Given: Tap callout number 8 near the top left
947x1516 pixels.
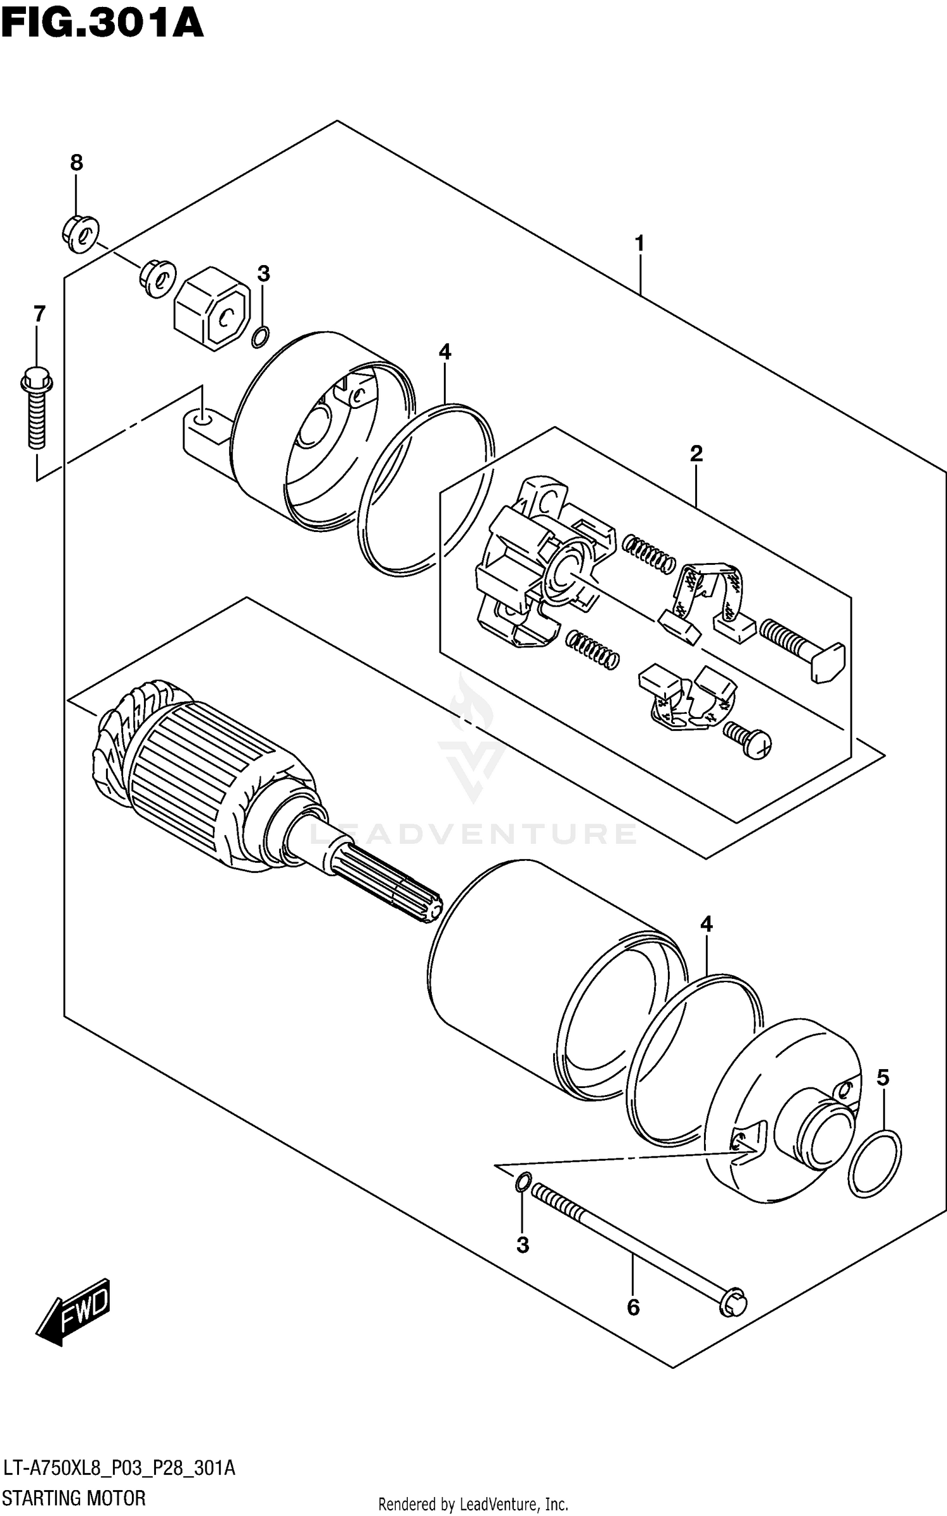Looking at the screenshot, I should tap(76, 163).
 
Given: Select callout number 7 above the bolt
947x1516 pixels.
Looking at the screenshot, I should tap(39, 313).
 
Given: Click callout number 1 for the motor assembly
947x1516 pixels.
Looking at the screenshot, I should tap(640, 242).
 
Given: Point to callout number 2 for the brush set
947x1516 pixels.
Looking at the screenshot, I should tap(696, 453).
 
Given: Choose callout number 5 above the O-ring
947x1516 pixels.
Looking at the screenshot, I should tap(883, 1077).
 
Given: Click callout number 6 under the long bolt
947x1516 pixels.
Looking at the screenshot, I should tap(633, 1306).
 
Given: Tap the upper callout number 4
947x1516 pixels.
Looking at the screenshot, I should tap(445, 352).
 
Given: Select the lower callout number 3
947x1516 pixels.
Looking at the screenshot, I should tap(522, 1245).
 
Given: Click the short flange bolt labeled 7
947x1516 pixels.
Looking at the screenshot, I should tap(37, 410).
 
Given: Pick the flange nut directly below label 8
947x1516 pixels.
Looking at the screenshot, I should tap(81, 235).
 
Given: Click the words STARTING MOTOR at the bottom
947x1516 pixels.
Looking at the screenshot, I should tap(74, 1498).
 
